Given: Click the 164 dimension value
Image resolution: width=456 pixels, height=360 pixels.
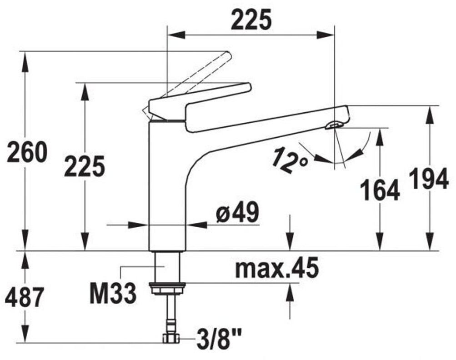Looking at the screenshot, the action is click(380, 190).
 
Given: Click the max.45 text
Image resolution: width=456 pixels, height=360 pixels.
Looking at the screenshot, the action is click(276, 269).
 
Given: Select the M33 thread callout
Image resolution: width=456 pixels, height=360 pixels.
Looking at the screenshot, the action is click(113, 293).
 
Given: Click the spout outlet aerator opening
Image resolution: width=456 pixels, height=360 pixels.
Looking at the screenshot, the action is click(334, 125).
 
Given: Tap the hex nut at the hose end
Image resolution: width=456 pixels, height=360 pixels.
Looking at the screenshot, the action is click(170, 337).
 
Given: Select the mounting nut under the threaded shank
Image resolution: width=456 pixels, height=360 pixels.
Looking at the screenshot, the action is click(168, 287).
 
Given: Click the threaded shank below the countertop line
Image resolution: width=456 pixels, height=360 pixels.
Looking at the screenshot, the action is click(167, 267).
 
